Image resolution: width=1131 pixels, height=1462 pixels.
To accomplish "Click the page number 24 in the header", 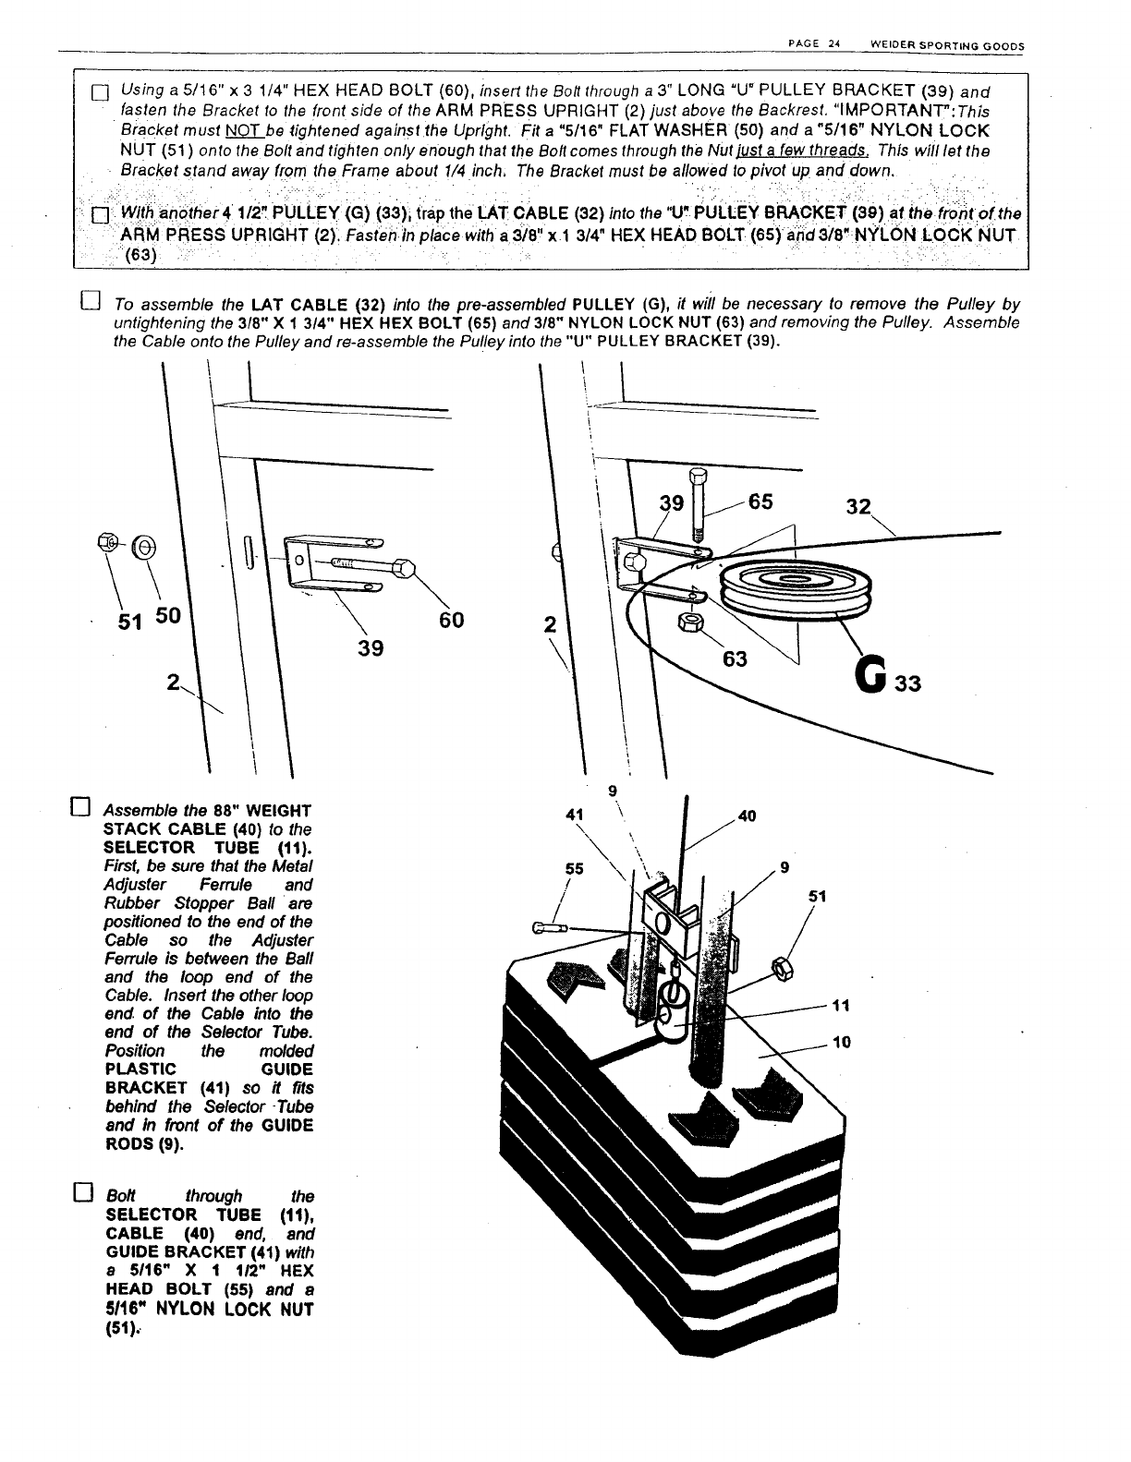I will (x=832, y=43).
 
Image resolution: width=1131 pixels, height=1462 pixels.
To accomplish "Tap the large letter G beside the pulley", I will (x=873, y=682).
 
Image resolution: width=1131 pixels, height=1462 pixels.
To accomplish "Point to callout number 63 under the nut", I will (x=736, y=659).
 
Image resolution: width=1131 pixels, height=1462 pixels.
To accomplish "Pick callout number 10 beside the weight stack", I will (x=841, y=1043).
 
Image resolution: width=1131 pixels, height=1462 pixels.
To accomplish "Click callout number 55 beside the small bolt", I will (x=575, y=869).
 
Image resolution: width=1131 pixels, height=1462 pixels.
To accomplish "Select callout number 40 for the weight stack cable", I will (x=748, y=816).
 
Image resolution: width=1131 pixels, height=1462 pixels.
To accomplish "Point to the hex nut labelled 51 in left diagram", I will (x=105, y=545).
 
